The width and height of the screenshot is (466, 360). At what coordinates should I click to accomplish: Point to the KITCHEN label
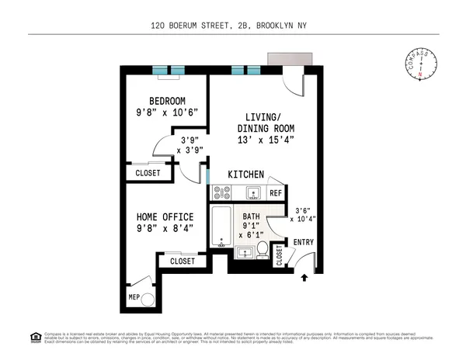[x=245, y=175]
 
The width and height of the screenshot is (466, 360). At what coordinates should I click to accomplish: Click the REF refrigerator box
[x=275, y=192]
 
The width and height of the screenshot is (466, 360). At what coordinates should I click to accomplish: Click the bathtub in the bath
[x=221, y=227]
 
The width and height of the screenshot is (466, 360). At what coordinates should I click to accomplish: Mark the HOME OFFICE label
[x=165, y=216]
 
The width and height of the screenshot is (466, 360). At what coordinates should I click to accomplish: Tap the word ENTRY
[x=303, y=243]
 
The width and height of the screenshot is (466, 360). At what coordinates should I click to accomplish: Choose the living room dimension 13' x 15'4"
[x=266, y=140]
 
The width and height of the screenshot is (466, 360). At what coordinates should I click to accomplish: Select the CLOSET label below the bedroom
[x=148, y=173]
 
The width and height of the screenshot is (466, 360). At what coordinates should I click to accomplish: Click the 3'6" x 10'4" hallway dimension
[x=303, y=214]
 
